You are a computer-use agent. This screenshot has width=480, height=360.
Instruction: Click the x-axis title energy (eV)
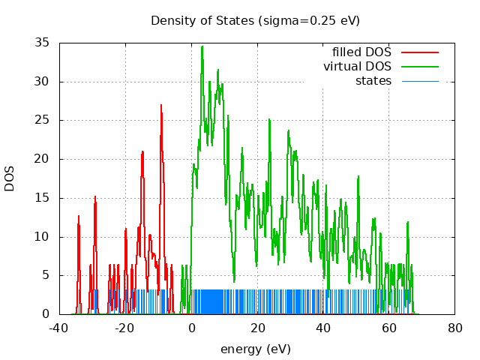click(x=255, y=349)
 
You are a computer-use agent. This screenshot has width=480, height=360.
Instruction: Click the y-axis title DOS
click(x=10, y=178)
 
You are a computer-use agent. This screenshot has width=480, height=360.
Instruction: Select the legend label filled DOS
click(x=361, y=52)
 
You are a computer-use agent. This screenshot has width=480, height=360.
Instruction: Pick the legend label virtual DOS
click(x=357, y=67)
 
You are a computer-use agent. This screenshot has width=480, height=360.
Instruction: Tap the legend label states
click(x=373, y=80)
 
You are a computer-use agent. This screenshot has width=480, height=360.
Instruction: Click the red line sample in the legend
click(x=419, y=52)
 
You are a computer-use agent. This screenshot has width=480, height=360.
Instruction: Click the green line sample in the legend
click(x=419, y=67)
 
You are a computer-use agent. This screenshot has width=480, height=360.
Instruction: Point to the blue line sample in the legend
click(x=419, y=80)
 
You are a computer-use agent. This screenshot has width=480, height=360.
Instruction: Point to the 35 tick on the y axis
click(x=43, y=43)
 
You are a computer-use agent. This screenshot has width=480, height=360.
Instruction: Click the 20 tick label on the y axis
click(x=43, y=159)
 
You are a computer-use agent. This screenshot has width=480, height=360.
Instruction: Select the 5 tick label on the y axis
click(x=46, y=275)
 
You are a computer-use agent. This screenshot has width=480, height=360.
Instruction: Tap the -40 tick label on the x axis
click(x=59, y=328)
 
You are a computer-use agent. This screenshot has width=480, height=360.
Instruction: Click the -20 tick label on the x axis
click(x=125, y=328)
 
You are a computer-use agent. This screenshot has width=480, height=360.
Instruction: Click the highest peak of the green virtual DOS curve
click(x=202, y=47)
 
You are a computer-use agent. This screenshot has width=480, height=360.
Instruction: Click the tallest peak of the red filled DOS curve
click(x=160, y=106)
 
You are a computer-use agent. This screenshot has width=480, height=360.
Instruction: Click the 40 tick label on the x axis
click(x=323, y=328)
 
